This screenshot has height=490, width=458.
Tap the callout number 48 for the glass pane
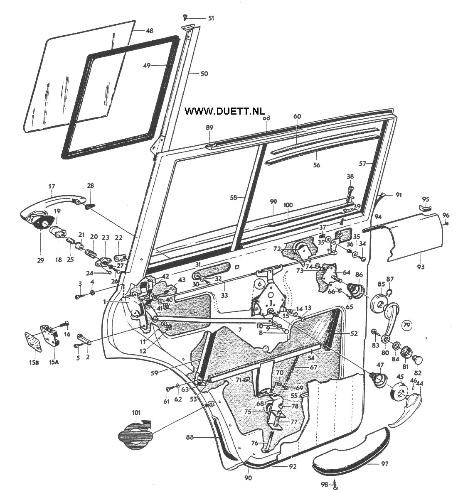(149, 31)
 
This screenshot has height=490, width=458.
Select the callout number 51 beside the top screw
(211, 18)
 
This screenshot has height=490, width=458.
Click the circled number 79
(407, 324)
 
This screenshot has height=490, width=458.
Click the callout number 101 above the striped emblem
(136, 413)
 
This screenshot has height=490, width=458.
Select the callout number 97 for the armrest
(385, 463)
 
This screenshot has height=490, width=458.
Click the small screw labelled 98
(336, 483)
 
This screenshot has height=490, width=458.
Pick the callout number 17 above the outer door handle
(52, 187)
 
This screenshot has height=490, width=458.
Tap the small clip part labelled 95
(425, 207)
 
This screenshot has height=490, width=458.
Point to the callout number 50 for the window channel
(204, 74)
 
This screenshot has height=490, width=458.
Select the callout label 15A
(54, 362)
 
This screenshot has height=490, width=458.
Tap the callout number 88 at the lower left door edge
(190, 437)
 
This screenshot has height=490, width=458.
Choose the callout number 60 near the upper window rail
(297, 116)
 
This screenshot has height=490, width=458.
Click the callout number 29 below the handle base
(40, 260)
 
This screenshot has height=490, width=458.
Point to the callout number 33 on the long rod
(224, 285)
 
